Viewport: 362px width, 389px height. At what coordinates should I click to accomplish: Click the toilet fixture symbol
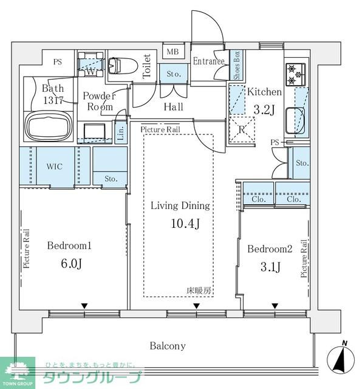123,66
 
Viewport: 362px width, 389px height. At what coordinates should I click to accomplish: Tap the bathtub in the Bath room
49,126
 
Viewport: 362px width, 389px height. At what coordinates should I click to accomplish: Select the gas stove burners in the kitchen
296,74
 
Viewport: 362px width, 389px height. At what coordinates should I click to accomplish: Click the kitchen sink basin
295,120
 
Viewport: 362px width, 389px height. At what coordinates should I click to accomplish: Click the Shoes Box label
236,65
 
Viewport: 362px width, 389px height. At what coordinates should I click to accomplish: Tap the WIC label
55,166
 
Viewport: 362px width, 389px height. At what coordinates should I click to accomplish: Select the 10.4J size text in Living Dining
185,224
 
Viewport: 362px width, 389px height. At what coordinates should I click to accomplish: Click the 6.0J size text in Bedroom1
72,263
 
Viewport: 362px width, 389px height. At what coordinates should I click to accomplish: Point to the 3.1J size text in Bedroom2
270,267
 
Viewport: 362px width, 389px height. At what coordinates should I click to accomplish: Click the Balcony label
168,346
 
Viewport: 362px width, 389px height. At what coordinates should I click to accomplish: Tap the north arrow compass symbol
341,358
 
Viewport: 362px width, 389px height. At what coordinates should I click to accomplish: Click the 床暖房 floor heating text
199,291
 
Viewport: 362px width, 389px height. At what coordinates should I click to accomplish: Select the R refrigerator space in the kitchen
242,129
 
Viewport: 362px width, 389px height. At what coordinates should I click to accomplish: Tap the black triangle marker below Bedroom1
84,306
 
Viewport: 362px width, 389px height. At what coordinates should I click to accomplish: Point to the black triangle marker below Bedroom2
275,306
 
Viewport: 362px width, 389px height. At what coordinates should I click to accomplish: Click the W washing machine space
90,64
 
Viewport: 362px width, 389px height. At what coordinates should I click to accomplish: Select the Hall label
174,107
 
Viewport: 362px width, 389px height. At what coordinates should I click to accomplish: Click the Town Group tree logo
18,371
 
